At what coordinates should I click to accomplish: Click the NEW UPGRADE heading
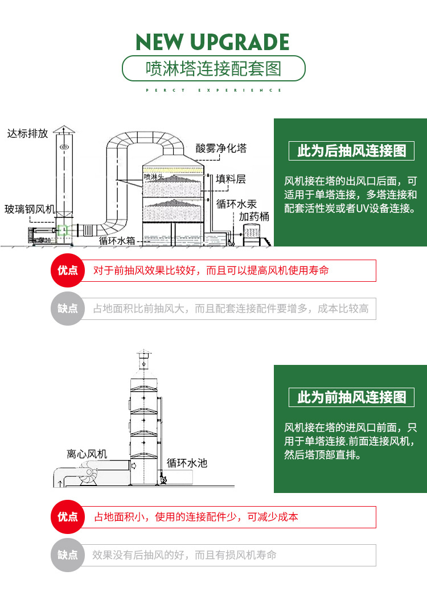[213, 42]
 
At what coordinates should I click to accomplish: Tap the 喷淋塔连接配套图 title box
[213, 69]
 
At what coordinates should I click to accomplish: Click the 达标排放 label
[27, 134]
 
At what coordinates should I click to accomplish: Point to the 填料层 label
[231, 179]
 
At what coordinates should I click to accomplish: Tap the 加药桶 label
[254, 217]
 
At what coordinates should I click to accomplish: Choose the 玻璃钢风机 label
[30, 209]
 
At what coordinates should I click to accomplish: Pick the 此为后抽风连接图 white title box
[351, 151]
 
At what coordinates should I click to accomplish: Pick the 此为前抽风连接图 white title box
[351, 397]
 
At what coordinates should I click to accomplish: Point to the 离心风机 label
[87, 454]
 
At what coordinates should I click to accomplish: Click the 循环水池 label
[187, 463]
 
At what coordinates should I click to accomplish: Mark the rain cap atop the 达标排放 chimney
[64, 130]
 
